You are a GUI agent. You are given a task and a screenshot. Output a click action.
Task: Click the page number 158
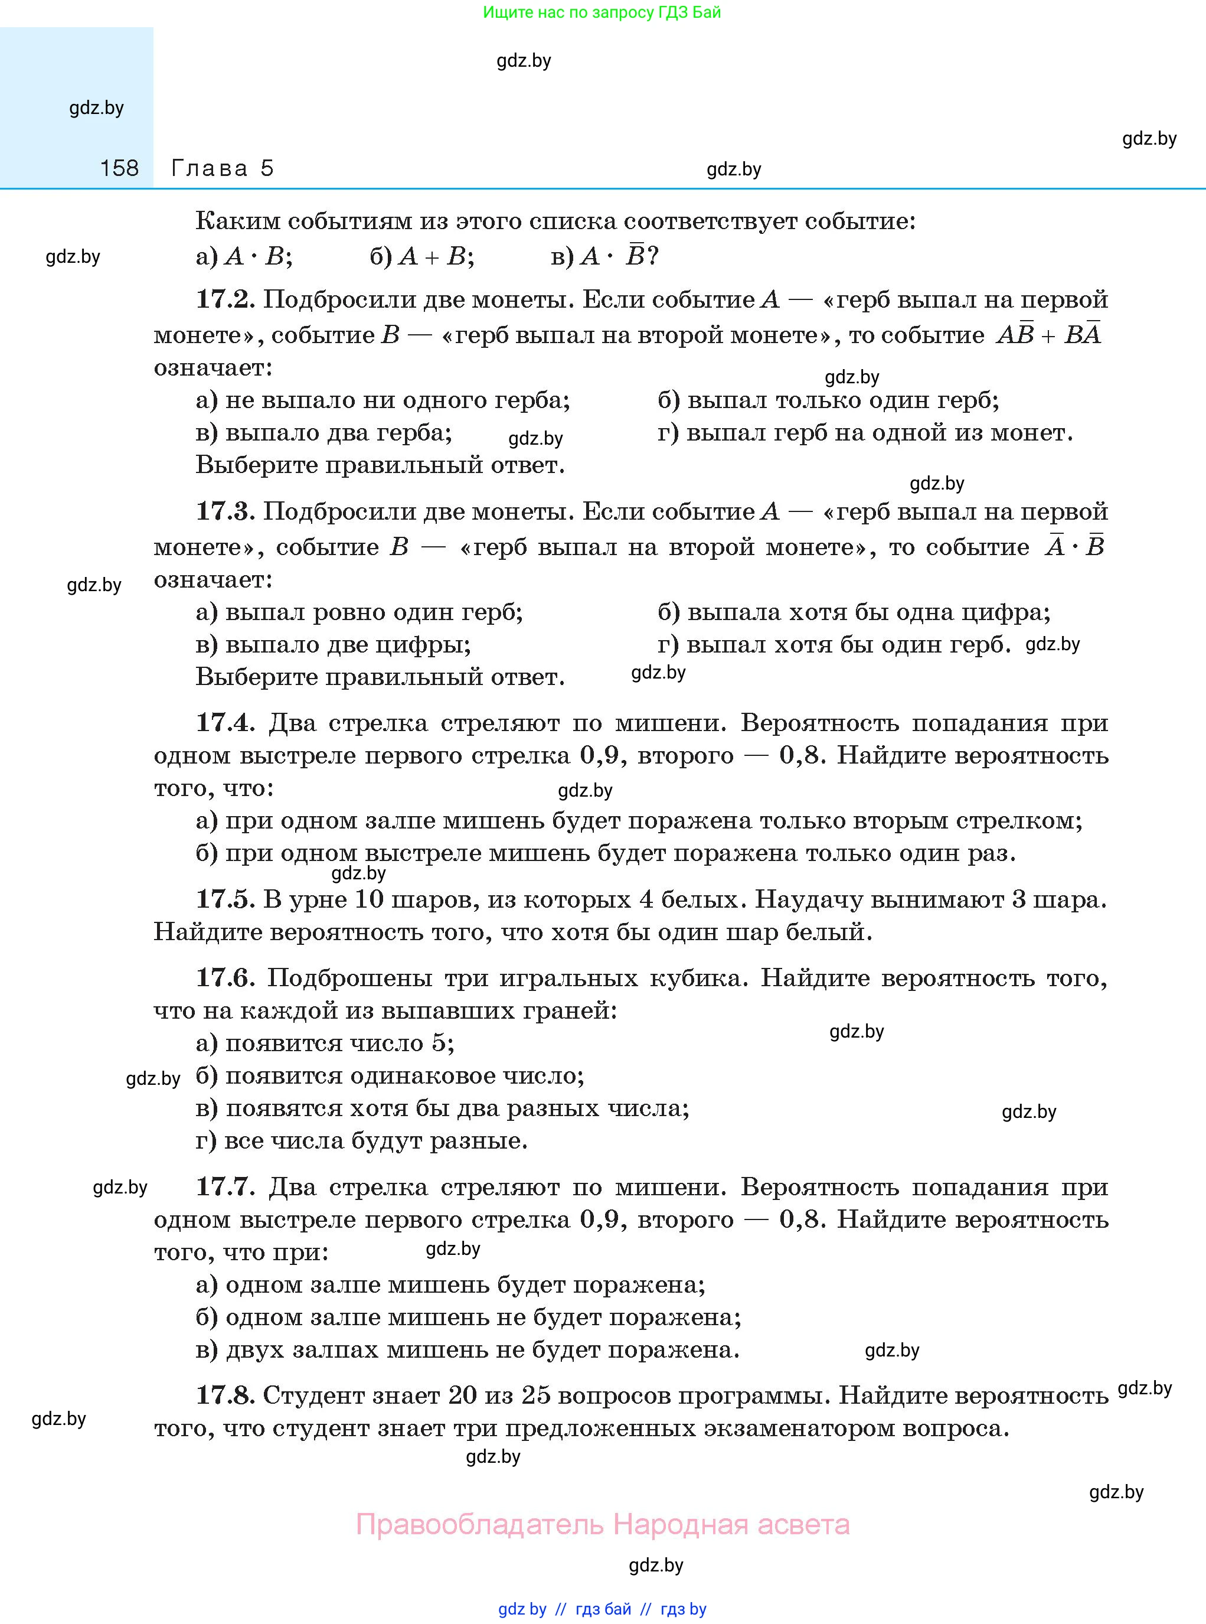point(119,169)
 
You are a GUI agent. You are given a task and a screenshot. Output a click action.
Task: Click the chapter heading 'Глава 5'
point(222,169)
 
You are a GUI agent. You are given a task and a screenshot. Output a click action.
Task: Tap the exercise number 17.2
point(225,299)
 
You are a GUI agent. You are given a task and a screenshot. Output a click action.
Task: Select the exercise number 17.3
point(225,511)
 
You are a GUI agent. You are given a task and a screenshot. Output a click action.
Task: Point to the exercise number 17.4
point(225,723)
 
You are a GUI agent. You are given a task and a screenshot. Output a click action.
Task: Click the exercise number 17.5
point(225,899)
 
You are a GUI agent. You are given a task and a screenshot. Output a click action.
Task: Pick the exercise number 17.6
point(225,978)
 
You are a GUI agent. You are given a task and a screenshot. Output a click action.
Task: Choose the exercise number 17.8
point(225,1395)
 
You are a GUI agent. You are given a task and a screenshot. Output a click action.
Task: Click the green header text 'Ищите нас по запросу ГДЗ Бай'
point(602,12)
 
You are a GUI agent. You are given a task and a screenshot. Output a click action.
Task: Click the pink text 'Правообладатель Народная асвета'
point(602,1525)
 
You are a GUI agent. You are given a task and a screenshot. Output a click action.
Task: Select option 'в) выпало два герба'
point(324,433)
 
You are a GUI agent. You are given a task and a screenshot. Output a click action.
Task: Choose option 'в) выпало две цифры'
point(333,645)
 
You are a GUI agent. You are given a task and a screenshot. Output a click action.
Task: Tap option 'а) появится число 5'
point(325,1043)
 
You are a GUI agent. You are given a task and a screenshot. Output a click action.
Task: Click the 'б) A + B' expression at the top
point(422,257)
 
